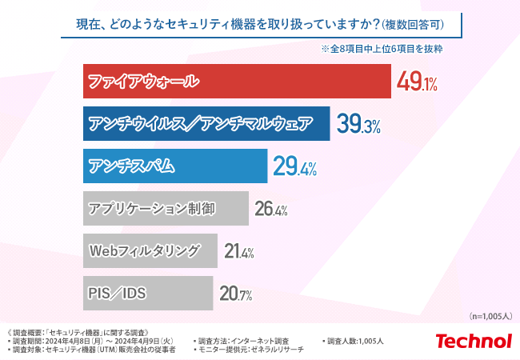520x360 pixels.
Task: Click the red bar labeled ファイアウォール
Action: (x=237, y=82)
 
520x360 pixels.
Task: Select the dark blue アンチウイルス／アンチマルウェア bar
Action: (x=206, y=123)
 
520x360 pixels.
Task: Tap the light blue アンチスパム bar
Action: (x=174, y=166)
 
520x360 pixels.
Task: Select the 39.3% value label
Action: (x=358, y=125)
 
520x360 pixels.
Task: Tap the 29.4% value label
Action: (x=295, y=167)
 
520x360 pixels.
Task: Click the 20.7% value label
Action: (x=236, y=294)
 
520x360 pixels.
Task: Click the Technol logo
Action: (x=473, y=342)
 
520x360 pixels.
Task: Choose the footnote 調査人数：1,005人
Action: (x=355, y=341)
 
